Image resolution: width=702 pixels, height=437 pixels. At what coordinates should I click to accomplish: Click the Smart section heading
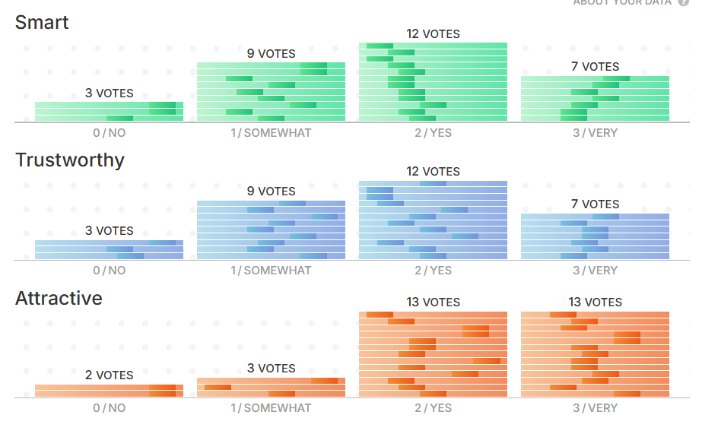(x=42, y=22)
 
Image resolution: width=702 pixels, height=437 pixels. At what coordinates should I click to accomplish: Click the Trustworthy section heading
(x=70, y=160)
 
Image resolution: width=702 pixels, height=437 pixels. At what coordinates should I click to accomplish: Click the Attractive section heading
(x=59, y=298)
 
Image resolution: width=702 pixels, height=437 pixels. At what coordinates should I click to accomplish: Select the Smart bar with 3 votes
(x=109, y=112)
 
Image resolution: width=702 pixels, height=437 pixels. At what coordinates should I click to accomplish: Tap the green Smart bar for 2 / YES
(x=433, y=82)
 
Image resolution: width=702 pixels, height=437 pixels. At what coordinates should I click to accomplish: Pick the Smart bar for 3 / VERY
(x=595, y=99)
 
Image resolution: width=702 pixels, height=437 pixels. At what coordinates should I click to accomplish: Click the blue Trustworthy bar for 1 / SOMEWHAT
(x=271, y=230)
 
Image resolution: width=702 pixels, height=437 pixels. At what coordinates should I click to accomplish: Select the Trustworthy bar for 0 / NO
(x=109, y=250)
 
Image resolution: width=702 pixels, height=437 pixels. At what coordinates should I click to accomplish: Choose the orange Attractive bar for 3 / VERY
(x=595, y=354)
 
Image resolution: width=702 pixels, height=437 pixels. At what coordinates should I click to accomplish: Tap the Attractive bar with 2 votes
(x=109, y=391)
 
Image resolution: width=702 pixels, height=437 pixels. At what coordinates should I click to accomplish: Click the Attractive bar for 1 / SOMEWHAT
(x=271, y=388)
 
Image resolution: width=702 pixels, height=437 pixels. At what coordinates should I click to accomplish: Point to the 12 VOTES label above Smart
(x=433, y=34)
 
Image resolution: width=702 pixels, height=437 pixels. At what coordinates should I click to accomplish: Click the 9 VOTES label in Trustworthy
(x=271, y=192)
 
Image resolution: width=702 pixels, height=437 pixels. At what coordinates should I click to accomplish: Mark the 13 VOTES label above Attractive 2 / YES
(x=433, y=302)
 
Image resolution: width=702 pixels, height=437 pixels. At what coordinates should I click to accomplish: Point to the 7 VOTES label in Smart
(x=595, y=67)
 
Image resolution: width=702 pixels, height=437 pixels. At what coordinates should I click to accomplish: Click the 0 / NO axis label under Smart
(x=109, y=133)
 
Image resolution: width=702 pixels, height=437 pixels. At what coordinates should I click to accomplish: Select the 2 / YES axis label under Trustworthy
(x=433, y=271)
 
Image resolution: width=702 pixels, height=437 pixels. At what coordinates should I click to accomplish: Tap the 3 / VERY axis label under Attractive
(x=595, y=408)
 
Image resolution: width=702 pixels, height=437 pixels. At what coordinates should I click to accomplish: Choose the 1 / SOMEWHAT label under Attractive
(x=271, y=408)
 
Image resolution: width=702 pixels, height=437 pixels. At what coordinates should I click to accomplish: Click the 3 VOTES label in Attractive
(x=271, y=369)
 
